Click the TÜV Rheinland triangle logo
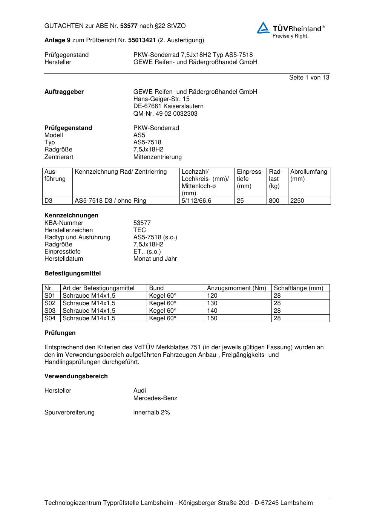click(x=263, y=28)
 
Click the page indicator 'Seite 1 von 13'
click(x=309, y=78)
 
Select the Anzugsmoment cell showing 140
click(x=212, y=311)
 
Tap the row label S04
click(x=50, y=318)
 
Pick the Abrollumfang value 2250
click(x=297, y=201)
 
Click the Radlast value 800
click(x=274, y=201)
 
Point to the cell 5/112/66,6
click(x=196, y=201)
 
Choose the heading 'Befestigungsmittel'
click(x=72, y=274)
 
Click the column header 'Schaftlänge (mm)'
click(x=298, y=288)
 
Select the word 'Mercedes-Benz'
click(x=155, y=398)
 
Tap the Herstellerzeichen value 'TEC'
click(x=139, y=230)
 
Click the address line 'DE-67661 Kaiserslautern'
click(x=168, y=106)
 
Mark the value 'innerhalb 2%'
click(x=152, y=413)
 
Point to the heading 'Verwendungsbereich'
click(x=76, y=376)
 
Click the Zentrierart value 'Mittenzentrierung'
click(x=157, y=157)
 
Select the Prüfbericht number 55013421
click(x=142, y=40)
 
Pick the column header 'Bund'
click(x=156, y=288)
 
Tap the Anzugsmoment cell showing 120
click(x=212, y=296)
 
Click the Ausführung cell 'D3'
click(x=49, y=201)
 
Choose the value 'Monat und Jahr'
click(x=155, y=259)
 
